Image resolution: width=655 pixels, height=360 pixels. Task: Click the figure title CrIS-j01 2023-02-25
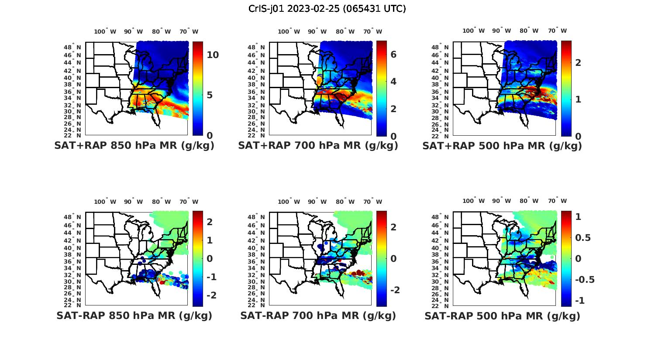coord(327,8)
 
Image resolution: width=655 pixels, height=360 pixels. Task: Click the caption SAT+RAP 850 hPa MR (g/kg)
coord(134,146)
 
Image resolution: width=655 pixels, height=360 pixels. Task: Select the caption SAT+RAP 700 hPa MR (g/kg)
coord(318,146)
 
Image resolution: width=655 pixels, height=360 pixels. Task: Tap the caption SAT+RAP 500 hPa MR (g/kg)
coord(502,146)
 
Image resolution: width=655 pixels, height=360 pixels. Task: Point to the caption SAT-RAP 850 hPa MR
coord(134,315)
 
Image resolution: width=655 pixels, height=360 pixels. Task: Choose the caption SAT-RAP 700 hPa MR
coord(318,315)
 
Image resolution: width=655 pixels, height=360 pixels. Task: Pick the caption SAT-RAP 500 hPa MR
coord(502,315)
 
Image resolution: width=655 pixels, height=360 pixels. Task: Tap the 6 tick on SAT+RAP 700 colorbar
coord(393,54)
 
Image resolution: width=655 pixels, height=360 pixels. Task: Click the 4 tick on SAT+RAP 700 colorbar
coord(393,81)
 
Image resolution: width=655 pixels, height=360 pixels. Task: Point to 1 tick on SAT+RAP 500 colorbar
coord(578,99)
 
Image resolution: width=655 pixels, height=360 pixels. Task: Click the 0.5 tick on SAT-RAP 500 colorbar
coord(583,237)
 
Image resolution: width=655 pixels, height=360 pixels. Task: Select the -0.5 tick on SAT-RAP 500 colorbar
coord(584,279)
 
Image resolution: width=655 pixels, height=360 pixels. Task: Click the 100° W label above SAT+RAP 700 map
coord(289,31)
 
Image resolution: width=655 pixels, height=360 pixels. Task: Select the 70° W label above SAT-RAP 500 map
coord(557,201)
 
